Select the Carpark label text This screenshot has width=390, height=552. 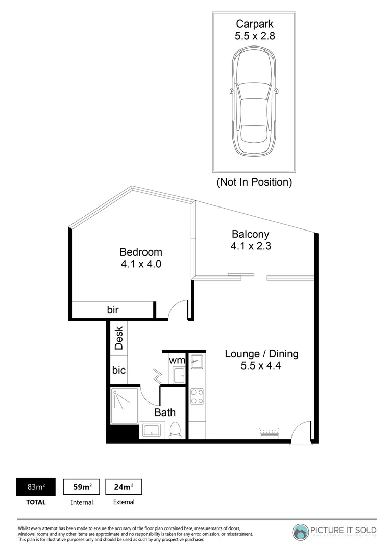point(255,24)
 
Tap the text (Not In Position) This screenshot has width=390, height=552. point(254,182)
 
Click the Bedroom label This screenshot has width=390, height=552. point(141,252)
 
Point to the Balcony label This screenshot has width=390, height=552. point(250,234)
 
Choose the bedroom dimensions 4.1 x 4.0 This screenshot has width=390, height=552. point(141,264)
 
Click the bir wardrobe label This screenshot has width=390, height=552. point(113,310)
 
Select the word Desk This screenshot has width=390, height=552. point(119,338)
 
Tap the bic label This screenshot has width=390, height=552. point(119,370)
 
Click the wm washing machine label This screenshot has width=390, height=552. point(177,360)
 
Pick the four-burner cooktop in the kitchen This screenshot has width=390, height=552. point(197,396)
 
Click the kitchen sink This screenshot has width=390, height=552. point(197,362)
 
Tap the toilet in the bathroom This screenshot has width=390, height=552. point(175,430)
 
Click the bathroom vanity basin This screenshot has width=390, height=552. point(152,430)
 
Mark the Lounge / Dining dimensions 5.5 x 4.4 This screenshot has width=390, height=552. point(262,366)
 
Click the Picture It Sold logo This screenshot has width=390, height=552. point(334,532)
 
